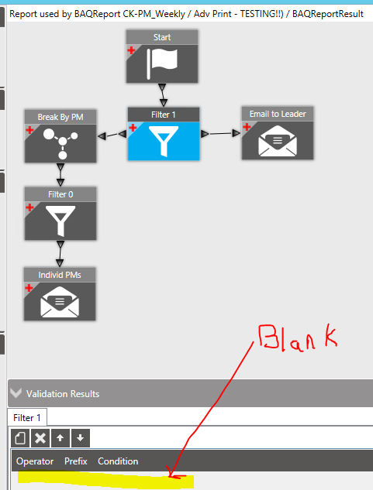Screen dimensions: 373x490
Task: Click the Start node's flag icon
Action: tap(162, 63)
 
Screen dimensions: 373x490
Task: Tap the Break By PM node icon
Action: tap(60, 143)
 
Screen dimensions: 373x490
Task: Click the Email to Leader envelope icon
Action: tap(277, 141)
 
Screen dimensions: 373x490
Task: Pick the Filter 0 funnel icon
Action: tap(60, 221)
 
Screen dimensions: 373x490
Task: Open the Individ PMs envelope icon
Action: tap(60, 302)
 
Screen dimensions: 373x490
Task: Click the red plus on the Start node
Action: tap(131, 50)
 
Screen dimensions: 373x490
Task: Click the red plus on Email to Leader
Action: tap(247, 126)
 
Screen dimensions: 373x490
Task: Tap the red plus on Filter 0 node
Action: tap(29, 207)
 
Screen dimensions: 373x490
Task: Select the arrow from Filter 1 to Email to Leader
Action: tap(220, 134)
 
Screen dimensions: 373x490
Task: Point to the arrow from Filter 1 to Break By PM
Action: tap(112, 135)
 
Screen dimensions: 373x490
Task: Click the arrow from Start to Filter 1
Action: tap(163, 95)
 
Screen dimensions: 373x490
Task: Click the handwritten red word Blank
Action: tap(298, 338)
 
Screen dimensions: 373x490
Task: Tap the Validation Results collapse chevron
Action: tap(16, 392)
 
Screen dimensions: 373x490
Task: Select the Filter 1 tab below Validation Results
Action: tap(27, 417)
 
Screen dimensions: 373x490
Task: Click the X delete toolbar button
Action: tap(40, 438)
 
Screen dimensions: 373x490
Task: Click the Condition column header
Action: tap(118, 461)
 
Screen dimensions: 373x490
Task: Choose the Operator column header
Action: tap(35, 461)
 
